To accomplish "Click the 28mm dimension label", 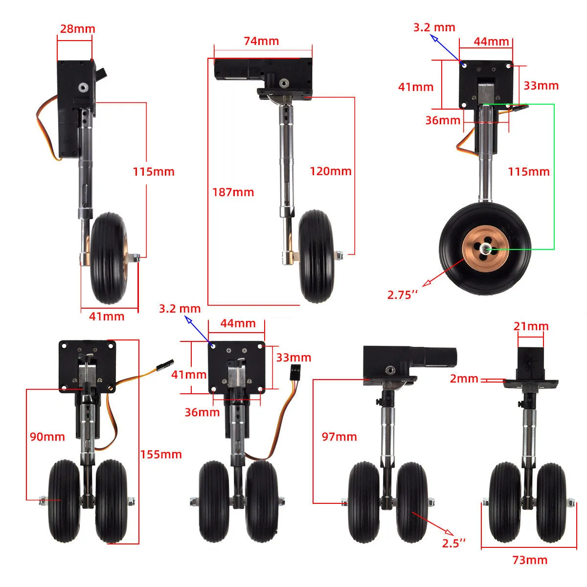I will pyautogui.click(x=77, y=29).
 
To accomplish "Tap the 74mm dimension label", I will pyautogui.click(x=261, y=41).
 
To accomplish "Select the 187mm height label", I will pyautogui.click(x=233, y=192).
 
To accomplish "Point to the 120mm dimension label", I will pyautogui.click(x=331, y=171).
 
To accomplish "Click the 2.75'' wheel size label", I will pyautogui.click(x=403, y=295).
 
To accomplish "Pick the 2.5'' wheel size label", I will pyautogui.click(x=454, y=543).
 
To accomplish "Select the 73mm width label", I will pyautogui.click(x=530, y=560).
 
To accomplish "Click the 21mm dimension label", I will pyautogui.click(x=531, y=326).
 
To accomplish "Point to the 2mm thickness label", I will pyautogui.click(x=464, y=379).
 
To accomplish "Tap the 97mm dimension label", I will pyautogui.click(x=339, y=437).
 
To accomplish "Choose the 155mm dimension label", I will pyautogui.click(x=161, y=454).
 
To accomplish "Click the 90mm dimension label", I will pyautogui.click(x=47, y=437).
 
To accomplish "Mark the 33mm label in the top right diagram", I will pyautogui.click(x=541, y=86).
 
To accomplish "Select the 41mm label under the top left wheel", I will pyautogui.click(x=107, y=316).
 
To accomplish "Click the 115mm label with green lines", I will pyautogui.click(x=529, y=172).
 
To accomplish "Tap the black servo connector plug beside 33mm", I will pyautogui.click(x=295, y=372).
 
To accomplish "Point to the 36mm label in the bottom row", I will pyautogui.click(x=202, y=412).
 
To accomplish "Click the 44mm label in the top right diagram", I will pyautogui.click(x=491, y=42).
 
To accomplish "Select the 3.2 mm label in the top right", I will pyautogui.click(x=434, y=27).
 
